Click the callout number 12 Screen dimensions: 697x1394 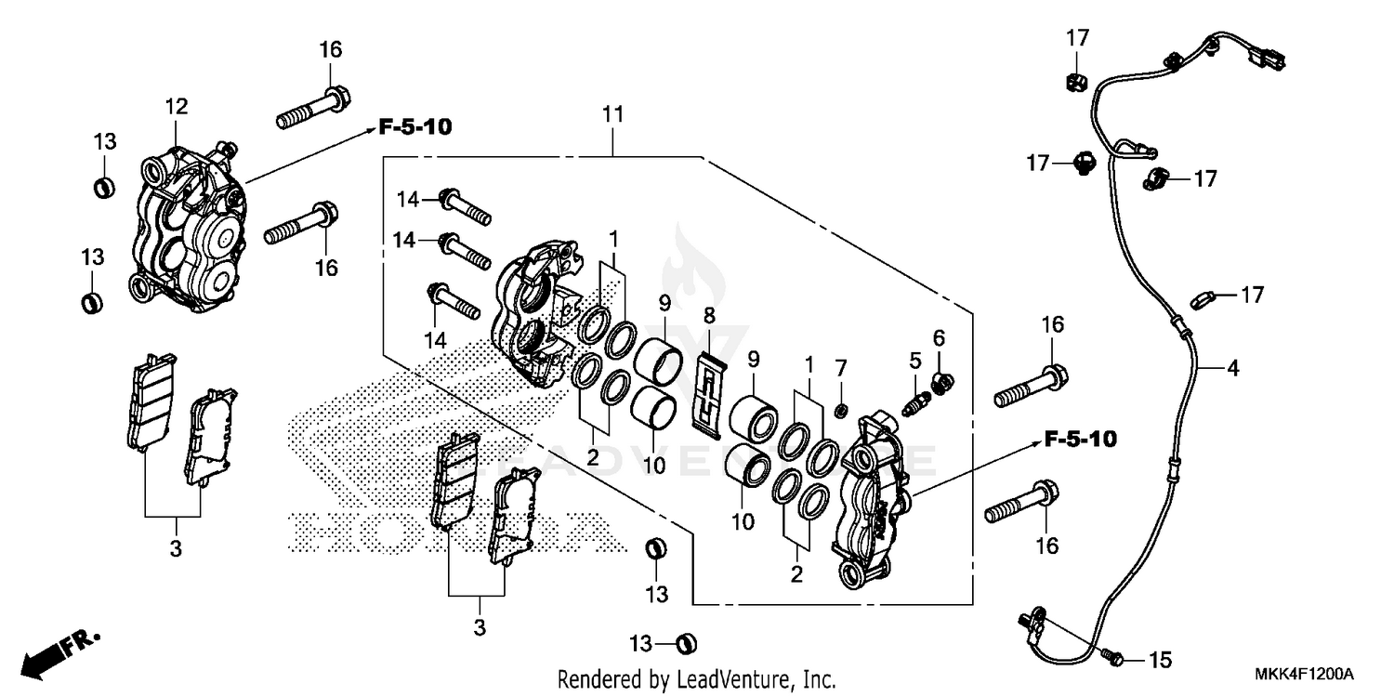pyautogui.click(x=177, y=107)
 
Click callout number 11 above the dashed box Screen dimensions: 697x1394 pyautogui.click(x=612, y=115)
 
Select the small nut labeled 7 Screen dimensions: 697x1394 pyautogui.click(x=841, y=410)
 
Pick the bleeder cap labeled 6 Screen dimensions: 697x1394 pyautogui.click(x=940, y=379)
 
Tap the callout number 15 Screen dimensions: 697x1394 pyautogui.click(x=1160, y=661)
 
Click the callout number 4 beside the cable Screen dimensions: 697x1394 pyautogui.click(x=1232, y=369)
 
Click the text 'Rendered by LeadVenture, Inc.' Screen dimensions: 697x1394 pyautogui.click(x=696, y=678)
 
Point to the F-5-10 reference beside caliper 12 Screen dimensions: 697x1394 pyautogui.click(x=414, y=127)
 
